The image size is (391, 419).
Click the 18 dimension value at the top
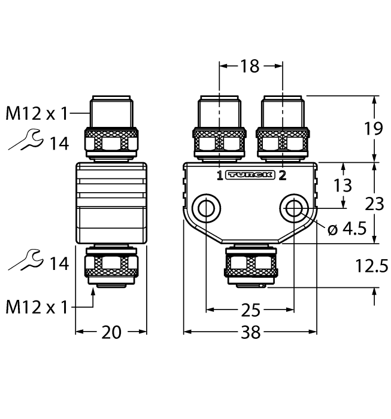(250, 66)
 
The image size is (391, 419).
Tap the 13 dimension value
(343, 185)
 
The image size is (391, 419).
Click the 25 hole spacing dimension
(250, 311)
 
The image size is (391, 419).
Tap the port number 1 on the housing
(220, 175)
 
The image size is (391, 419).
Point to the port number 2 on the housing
(282, 175)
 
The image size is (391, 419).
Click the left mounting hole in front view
(207, 208)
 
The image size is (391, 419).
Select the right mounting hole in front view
(293, 208)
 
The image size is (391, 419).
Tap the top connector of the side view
(111, 129)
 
